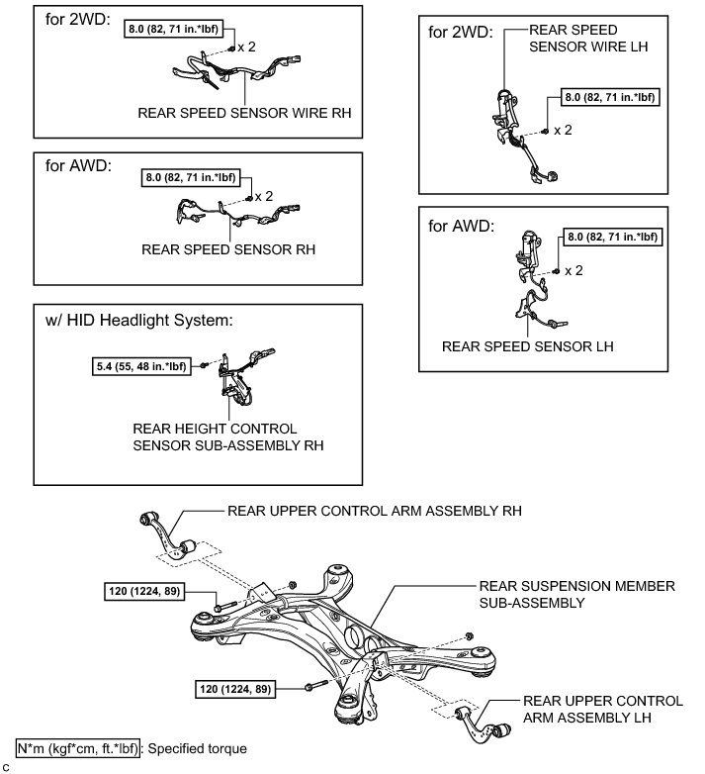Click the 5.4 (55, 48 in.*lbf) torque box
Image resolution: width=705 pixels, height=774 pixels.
[x=137, y=365]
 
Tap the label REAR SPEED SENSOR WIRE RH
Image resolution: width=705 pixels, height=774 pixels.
[x=245, y=114]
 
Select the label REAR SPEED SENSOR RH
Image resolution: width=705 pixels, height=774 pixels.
[x=228, y=250]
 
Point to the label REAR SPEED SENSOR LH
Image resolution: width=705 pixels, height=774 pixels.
[x=528, y=346]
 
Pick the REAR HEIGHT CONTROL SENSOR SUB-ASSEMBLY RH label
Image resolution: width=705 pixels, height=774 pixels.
[x=228, y=436]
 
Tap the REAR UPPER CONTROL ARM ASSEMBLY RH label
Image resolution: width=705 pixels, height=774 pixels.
[x=375, y=512]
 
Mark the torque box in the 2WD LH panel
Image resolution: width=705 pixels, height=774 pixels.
[x=610, y=97]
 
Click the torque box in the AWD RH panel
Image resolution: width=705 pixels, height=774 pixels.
[x=192, y=178]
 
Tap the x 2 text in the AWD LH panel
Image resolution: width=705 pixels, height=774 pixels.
[x=573, y=269]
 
